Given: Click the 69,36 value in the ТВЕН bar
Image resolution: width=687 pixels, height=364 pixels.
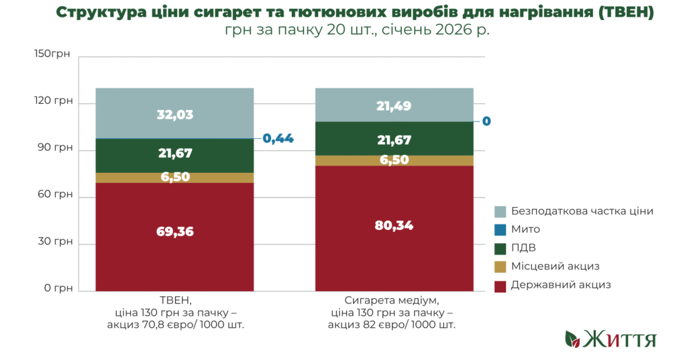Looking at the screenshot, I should pyautogui.click(x=174, y=231).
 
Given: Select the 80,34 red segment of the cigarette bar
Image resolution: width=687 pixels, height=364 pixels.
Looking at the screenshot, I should pyautogui.click(x=394, y=226).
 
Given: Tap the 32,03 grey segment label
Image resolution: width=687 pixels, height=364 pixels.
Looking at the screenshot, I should pyautogui.click(x=174, y=115).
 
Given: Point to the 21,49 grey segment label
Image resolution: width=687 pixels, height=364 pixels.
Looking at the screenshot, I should pyautogui.click(x=394, y=105).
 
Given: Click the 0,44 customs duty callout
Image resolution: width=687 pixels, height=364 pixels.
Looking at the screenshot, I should pyautogui.click(x=278, y=139).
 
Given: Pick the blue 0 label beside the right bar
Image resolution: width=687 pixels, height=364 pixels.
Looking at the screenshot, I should pyautogui.click(x=486, y=121).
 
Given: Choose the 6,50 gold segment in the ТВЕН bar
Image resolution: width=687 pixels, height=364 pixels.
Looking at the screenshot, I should pyautogui.click(x=174, y=177).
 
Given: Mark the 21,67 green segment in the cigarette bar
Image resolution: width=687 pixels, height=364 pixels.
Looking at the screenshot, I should pyautogui.click(x=394, y=140).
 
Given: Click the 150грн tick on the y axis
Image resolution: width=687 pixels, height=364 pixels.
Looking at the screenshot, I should pyautogui.click(x=52, y=54).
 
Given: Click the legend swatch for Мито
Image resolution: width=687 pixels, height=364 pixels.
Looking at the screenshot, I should pyautogui.click(x=500, y=229).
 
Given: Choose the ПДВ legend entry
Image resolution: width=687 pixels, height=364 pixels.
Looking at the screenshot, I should pyautogui.click(x=523, y=248).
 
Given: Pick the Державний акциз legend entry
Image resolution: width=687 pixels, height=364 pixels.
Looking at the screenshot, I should pyautogui.click(x=561, y=285).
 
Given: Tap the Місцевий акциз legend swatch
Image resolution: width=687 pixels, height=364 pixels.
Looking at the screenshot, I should pyautogui.click(x=500, y=267).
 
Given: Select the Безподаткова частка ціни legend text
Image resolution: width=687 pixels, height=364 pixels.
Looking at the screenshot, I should pyautogui.click(x=582, y=210).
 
